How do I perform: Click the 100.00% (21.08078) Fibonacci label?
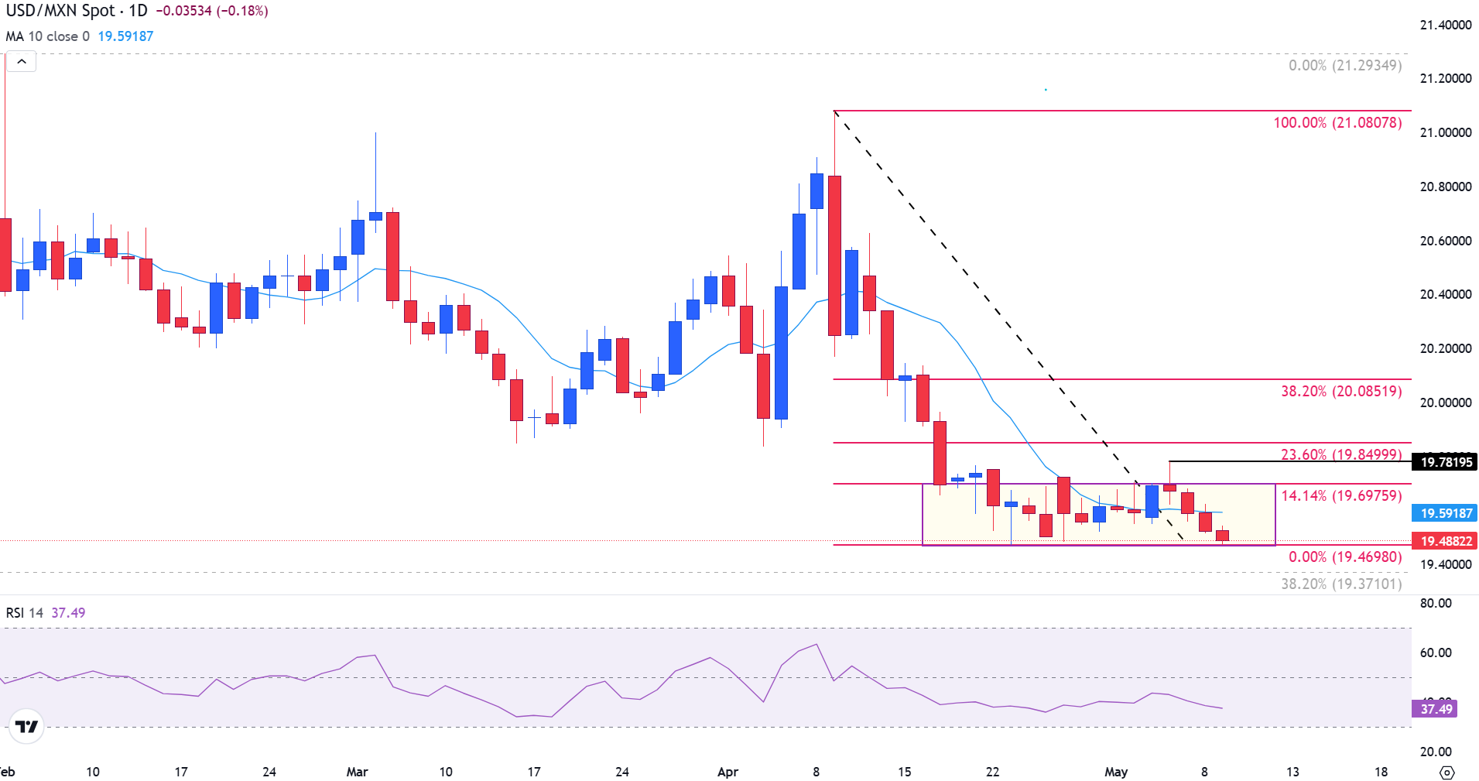point(1337,123)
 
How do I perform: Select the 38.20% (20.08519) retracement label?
point(1341,392)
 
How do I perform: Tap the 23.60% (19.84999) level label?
point(1341,454)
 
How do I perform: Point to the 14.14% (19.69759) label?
point(1341,495)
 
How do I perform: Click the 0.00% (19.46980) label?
point(1344,557)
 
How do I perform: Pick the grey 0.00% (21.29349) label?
point(1344,66)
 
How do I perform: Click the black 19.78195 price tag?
point(1446,462)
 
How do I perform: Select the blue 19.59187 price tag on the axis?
point(1445,513)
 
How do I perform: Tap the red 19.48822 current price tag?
point(1445,541)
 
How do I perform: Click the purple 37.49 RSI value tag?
point(1436,709)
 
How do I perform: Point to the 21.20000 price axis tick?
point(1445,78)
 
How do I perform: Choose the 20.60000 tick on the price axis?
point(1445,241)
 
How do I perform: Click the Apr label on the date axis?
point(728,772)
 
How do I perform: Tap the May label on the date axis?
point(1115,772)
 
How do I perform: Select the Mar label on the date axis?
point(357,772)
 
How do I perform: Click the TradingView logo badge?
point(26,726)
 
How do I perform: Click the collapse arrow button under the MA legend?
point(22,62)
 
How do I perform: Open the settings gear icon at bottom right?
point(1446,772)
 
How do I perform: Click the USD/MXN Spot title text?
point(60,11)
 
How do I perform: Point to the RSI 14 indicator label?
point(25,613)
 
